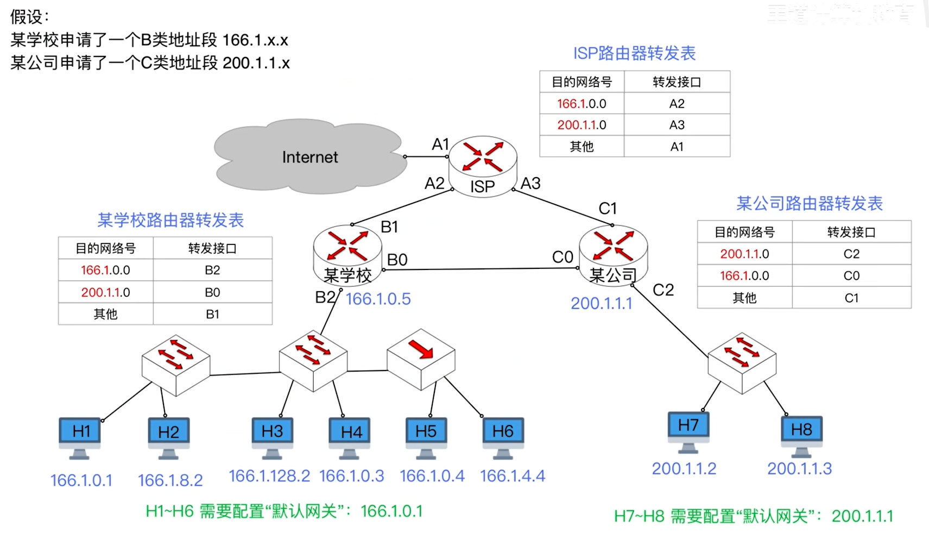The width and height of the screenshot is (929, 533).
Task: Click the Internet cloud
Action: tap(309, 156)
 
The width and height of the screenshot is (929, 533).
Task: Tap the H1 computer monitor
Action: tap(80, 432)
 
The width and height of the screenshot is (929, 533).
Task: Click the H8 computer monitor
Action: tap(801, 430)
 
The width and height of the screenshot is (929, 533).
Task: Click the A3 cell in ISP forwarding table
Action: tap(677, 125)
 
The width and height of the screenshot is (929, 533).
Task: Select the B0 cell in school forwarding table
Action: tap(212, 292)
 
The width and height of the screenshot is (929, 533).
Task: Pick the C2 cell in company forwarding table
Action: tap(851, 254)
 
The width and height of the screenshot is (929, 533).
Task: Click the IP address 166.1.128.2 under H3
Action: tap(269, 476)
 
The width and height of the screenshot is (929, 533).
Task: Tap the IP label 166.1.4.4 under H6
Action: tap(513, 476)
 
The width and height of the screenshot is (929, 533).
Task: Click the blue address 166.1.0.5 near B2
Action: tap(378, 299)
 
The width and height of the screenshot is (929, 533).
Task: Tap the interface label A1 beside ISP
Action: tap(440, 144)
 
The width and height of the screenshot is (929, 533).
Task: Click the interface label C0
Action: tap(563, 257)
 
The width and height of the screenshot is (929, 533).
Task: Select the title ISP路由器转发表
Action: tap(634, 53)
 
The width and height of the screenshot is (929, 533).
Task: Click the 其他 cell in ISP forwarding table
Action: tap(582, 147)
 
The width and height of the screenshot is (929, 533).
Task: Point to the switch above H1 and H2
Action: tap(175, 363)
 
